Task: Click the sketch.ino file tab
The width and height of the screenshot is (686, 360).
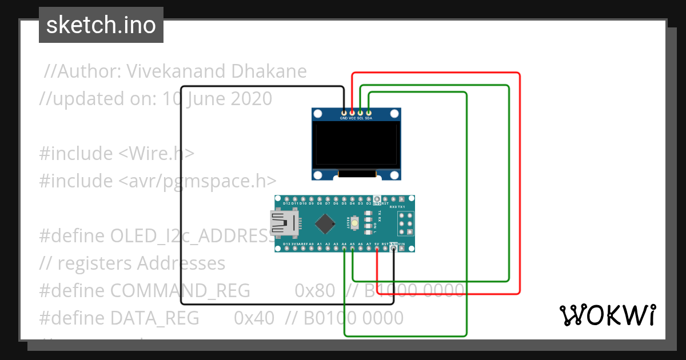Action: tap(101, 25)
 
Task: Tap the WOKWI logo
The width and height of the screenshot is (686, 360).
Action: tap(607, 315)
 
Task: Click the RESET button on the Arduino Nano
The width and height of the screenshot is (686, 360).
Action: tap(354, 222)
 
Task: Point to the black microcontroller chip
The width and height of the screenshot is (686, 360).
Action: tap(325, 223)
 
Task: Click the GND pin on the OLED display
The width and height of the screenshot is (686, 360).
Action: tap(344, 113)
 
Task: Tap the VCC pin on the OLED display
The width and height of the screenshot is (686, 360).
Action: tap(352, 113)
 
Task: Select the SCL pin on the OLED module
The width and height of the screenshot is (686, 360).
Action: tap(360, 113)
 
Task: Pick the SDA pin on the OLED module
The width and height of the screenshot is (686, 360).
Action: tap(369, 113)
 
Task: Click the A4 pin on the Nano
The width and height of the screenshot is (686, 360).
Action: tap(344, 249)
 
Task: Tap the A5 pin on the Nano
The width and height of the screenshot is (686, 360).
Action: tap(353, 249)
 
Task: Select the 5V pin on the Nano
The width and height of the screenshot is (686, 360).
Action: tap(377, 249)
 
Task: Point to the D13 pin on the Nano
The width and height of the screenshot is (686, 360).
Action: tap(286, 249)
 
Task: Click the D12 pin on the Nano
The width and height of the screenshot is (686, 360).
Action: tap(286, 199)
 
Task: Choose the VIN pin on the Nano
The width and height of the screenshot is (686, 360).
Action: tap(402, 249)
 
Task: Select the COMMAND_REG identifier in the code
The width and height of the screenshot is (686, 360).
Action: tap(180, 291)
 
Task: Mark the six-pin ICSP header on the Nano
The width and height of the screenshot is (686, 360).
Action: tap(405, 223)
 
